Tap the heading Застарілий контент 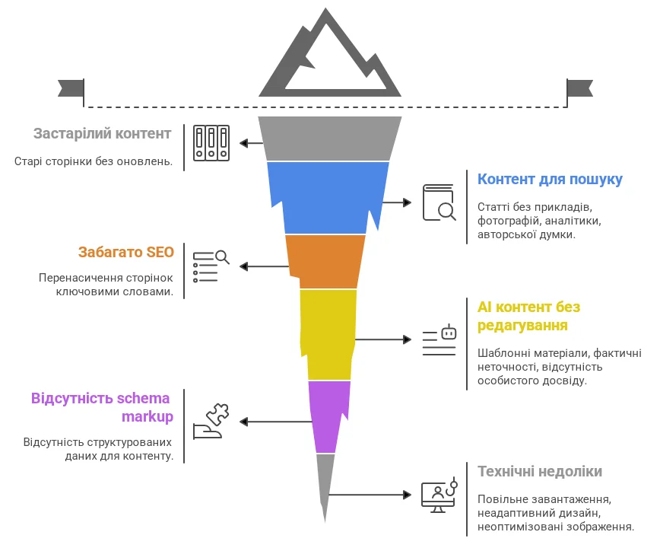[x=102, y=134]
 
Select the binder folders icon [x=211, y=142]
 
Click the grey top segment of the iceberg [x=329, y=139]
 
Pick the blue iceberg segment [x=329, y=197]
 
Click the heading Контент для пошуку [x=550, y=180]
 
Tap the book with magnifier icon [x=439, y=202]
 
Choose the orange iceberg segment [x=325, y=261]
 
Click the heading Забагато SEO [x=126, y=252]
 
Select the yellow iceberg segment [x=328, y=333]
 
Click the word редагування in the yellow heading [x=522, y=326]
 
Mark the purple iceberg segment [x=329, y=416]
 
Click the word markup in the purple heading [x=148, y=416]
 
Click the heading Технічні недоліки [x=540, y=472]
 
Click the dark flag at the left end [x=71, y=88]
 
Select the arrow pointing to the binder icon [x=249, y=142]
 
